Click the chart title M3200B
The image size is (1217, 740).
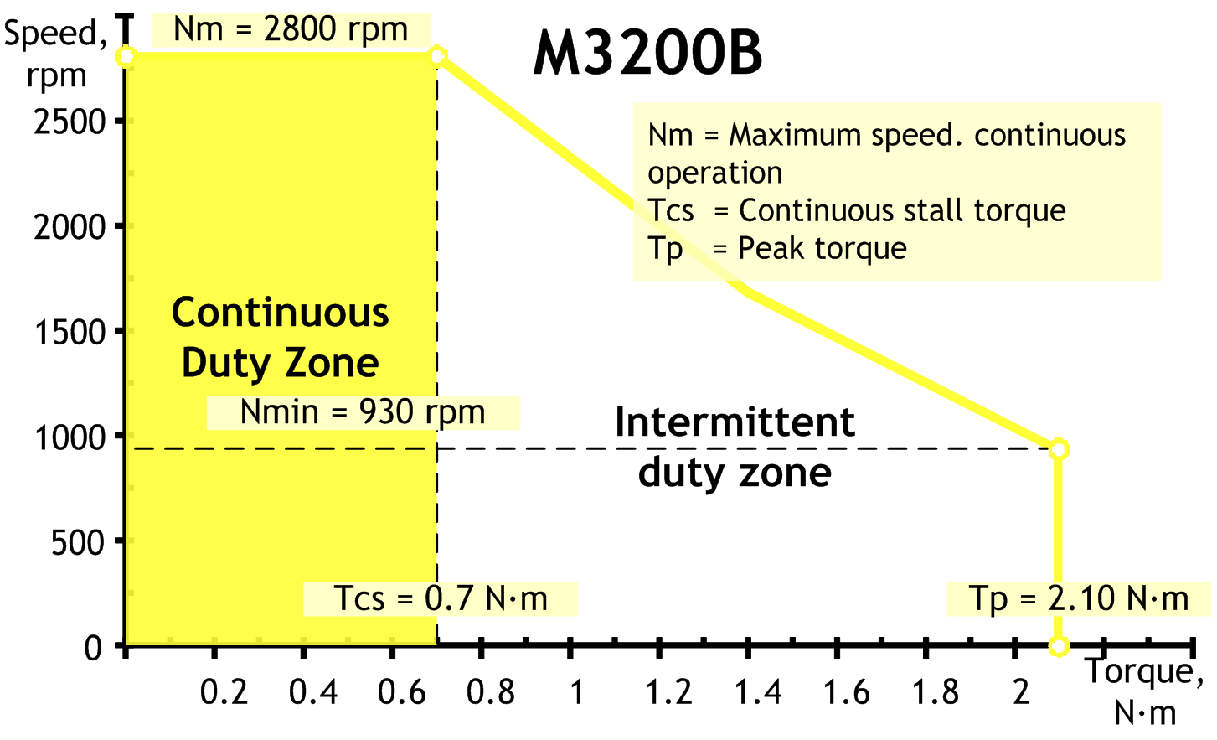pos(647,54)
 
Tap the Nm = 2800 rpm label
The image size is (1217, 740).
pos(291,30)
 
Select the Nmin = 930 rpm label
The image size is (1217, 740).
pos(363,412)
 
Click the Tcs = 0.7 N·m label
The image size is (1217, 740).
pos(440,598)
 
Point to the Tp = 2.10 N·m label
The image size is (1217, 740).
pos(1079,598)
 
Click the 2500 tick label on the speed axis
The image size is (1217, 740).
pos(70,123)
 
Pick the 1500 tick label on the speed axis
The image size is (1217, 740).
pos(70,333)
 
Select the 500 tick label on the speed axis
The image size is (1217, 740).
pos(78,542)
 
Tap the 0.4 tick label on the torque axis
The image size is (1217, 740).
pos(313,693)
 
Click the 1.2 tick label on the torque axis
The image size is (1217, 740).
pos(669,693)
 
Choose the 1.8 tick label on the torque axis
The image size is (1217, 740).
pos(936,693)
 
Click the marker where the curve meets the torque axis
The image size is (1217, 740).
pos(1059,646)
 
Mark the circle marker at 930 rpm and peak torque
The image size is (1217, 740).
pos(1059,450)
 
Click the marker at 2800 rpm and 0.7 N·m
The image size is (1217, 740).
pos(437,56)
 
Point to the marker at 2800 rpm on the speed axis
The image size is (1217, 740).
pos(126,56)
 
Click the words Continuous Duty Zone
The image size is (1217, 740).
pos(281,338)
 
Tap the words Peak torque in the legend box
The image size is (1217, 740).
pos(823,249)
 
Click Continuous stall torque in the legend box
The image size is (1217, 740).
pos(902,211)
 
